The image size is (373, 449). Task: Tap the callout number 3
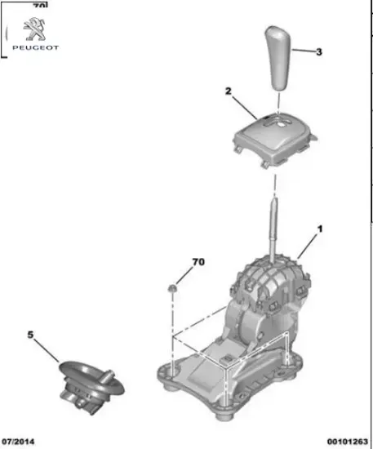319,52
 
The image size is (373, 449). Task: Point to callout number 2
229,91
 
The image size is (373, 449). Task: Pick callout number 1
319,229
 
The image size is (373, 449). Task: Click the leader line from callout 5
49,349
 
